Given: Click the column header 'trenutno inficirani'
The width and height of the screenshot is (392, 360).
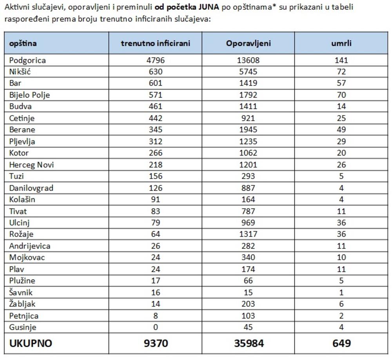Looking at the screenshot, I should (x=155, y=43).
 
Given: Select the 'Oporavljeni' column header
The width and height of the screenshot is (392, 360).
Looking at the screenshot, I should (x=248, y=43).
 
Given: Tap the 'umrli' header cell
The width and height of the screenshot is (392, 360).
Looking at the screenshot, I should (x=341, y=43).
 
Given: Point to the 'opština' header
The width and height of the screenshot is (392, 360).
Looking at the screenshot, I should (x=23, y=43).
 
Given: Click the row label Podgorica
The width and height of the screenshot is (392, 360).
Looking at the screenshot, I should (x=27, y=60).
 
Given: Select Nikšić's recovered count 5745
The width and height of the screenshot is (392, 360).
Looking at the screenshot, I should (x=248, y=72).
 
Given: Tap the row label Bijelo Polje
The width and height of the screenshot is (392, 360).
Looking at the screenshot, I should (x=30, y=95).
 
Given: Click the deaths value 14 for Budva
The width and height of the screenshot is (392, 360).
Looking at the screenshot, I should (x=341, y=107).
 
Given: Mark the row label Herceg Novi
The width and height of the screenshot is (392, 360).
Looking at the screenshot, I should (x=31, y=165).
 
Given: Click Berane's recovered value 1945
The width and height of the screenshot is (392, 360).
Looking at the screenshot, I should (x=248, y=130).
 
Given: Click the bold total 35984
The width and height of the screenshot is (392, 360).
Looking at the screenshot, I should (x=249, y=344).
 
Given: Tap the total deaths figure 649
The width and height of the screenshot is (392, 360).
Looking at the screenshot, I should (x=341, y=344).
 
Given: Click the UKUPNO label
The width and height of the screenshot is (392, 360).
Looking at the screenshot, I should (x=31, y=344).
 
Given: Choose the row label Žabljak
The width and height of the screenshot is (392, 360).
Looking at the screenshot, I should (x=24, y=304).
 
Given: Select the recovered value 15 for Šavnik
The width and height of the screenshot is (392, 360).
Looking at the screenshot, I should (x=248, y=292).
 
